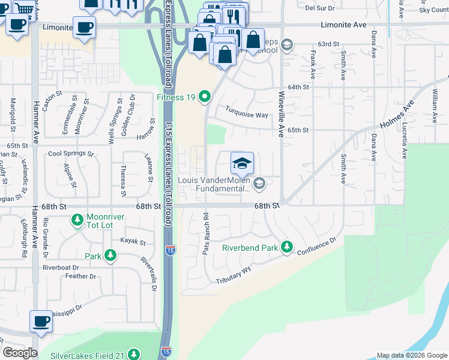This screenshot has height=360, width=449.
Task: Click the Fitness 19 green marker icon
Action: (x=205, y=96)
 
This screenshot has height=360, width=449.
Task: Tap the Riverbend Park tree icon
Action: (x=287, y=247)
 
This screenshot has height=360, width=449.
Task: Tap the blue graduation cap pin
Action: (x=243, y=163)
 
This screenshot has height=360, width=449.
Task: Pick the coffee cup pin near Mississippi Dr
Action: (x=41, y=321)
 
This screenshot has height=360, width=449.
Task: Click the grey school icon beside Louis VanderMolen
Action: (x=259, y=183)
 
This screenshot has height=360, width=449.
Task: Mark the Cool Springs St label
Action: (x=71, y=154)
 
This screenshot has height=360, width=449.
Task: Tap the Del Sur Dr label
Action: (x=319, y=8)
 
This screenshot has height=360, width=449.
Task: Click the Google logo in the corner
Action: (x=19, y=353)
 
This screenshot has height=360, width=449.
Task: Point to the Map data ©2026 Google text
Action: (x=411, y=355)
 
